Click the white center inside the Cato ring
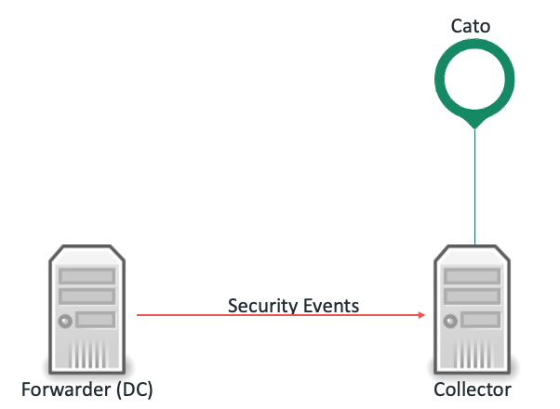[x=473, y=81]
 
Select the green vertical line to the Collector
[x=474, y=186]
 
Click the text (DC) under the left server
[x=134, y=388]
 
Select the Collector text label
[x=473, y=388]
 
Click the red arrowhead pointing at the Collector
[x=421, y=316]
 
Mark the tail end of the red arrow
[x=140, y=316]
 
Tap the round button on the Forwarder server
[x=65, y=322]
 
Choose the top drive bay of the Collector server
[x=473, y=276]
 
